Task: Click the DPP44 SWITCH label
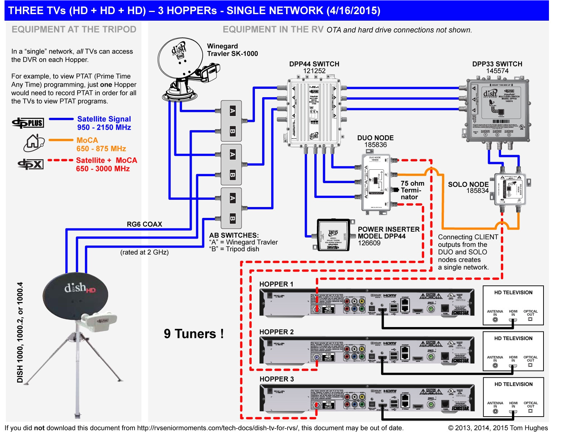pos(314,64)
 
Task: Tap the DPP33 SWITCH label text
pos(497,64)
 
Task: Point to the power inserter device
pos(333,235)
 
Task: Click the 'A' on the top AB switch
pos(232,111)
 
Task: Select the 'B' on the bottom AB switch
pos(232,218)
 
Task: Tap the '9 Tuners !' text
pos(194,334)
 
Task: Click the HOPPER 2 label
pos(276,332)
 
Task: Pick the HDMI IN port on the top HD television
pos(513,319)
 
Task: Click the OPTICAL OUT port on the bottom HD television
pos(530,411)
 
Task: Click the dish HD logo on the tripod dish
pos(79,288)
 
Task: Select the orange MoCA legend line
pos(61,140)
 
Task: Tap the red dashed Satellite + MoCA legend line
pos(61,160)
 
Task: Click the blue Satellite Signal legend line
pos(61,119)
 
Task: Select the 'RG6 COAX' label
pos(144,224)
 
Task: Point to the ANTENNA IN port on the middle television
pos(495,365)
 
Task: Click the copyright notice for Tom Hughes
pos(498,428)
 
